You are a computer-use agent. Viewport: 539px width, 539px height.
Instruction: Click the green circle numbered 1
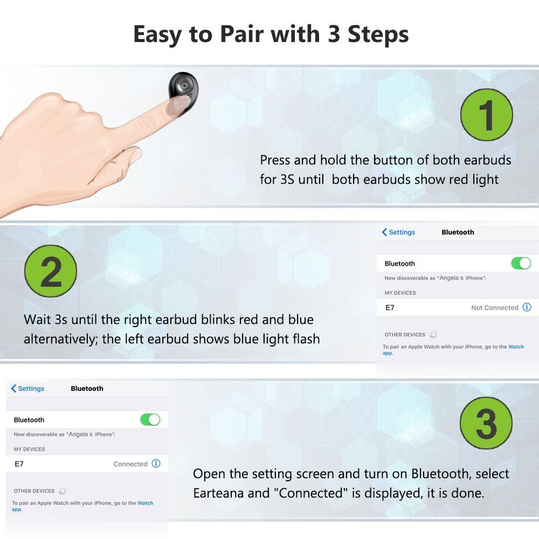point(486,115)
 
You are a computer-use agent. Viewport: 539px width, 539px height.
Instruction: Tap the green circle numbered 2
point(51,271)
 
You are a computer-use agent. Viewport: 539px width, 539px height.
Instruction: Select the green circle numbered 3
point(486,423)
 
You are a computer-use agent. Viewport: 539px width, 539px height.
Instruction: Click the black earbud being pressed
point(183,93)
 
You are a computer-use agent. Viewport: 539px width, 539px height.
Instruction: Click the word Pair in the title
point(240,34)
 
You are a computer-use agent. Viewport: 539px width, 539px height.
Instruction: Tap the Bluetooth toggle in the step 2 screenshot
point(521,264)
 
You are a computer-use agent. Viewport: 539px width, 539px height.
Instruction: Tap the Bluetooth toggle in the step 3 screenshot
point(150,420)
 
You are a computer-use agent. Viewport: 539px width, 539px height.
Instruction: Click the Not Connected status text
point(495,308)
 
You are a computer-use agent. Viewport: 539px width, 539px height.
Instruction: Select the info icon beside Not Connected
point(527,307)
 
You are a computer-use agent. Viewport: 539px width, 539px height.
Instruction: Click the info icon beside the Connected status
point(156,464)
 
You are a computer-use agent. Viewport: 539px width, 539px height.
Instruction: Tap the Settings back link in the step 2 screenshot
point(398,232)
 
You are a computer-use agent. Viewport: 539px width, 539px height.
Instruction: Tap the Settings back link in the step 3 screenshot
point(27,389)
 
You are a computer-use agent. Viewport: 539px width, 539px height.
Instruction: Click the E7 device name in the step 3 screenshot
point(19,464)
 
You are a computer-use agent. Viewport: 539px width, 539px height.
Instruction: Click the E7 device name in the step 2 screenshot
point(390,308)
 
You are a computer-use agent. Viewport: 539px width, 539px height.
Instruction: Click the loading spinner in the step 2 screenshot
point(433,335)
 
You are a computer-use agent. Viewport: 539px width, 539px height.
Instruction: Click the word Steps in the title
point(378,34)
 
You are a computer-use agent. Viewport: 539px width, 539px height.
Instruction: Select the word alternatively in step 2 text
point(61,339)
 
